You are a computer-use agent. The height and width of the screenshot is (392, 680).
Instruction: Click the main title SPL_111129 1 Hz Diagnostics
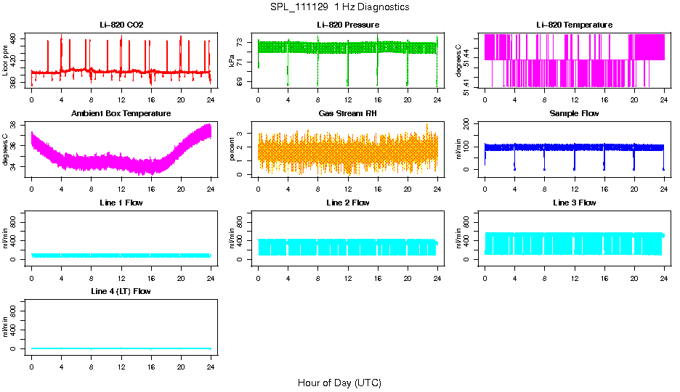(340, 7)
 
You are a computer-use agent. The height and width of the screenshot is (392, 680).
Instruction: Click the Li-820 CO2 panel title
(121, 25)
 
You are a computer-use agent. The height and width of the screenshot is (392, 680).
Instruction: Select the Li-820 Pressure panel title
(347, 25)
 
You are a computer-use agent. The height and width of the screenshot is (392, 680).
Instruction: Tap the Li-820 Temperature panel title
(574, 25)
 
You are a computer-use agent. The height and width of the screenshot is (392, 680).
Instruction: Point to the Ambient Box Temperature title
(121, 114)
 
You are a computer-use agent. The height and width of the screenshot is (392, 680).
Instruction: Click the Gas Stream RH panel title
(347, 114)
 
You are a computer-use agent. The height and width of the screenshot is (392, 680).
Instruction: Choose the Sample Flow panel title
(574, 114)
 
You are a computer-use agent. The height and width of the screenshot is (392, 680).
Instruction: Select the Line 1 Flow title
(121, 203)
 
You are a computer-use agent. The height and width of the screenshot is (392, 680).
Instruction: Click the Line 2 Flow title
(347, 203)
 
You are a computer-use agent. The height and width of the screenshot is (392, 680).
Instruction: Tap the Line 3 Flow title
(574, 203)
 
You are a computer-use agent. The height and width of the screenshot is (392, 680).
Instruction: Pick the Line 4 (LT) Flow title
(121, 291)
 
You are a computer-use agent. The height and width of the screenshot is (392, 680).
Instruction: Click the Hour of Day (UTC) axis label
(339, 383)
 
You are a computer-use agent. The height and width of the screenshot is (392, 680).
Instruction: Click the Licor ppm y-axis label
(7, 61)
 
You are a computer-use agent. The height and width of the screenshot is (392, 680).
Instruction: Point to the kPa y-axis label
(232, 61)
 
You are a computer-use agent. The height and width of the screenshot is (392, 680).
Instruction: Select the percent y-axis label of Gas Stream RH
(232, 150)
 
